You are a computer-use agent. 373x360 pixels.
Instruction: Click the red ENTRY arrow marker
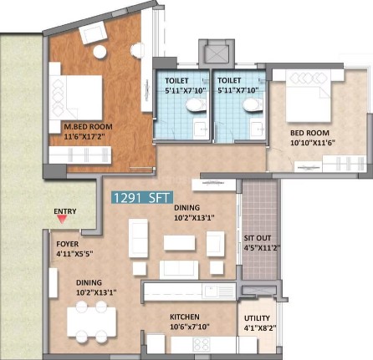click(x=62, y=220)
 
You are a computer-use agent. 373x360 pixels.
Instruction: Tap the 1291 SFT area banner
click(x=142, y=197)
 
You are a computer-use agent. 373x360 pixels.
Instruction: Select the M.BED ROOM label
click(x=89, y=127)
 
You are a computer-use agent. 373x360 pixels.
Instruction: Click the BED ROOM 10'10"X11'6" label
click(x=313, y=138)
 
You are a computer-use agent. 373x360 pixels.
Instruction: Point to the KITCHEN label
click(x=185, y=317)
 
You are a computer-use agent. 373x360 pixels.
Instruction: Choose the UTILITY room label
click(x=257, y=318)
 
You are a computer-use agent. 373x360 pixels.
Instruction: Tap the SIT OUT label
click(x=258, y=238)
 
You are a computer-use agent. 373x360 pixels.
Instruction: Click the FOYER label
click(x=68, y=244)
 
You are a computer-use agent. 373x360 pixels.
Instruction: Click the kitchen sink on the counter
click(x=212, y=292)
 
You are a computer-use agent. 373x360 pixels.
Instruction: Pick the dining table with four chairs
click(x=91, y=322)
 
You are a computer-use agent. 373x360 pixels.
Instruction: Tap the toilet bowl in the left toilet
click(x=197, y=105)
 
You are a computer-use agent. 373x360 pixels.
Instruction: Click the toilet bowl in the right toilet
click(x=253, y=105)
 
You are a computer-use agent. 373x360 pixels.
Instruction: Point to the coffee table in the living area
click(x=179, y=243)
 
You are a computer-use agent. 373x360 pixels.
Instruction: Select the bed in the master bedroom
click(x=76, y=98)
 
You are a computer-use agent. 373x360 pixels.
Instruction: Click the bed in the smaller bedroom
click(x=308, y=95)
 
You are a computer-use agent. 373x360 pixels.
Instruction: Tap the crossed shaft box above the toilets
click(x=217, y=53)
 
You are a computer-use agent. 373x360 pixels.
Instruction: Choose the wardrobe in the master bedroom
click(x=80, y=155)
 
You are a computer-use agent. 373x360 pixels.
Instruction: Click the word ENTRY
click(x=65, y=211)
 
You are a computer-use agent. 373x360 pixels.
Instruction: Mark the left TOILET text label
click(x=176, y=81)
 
